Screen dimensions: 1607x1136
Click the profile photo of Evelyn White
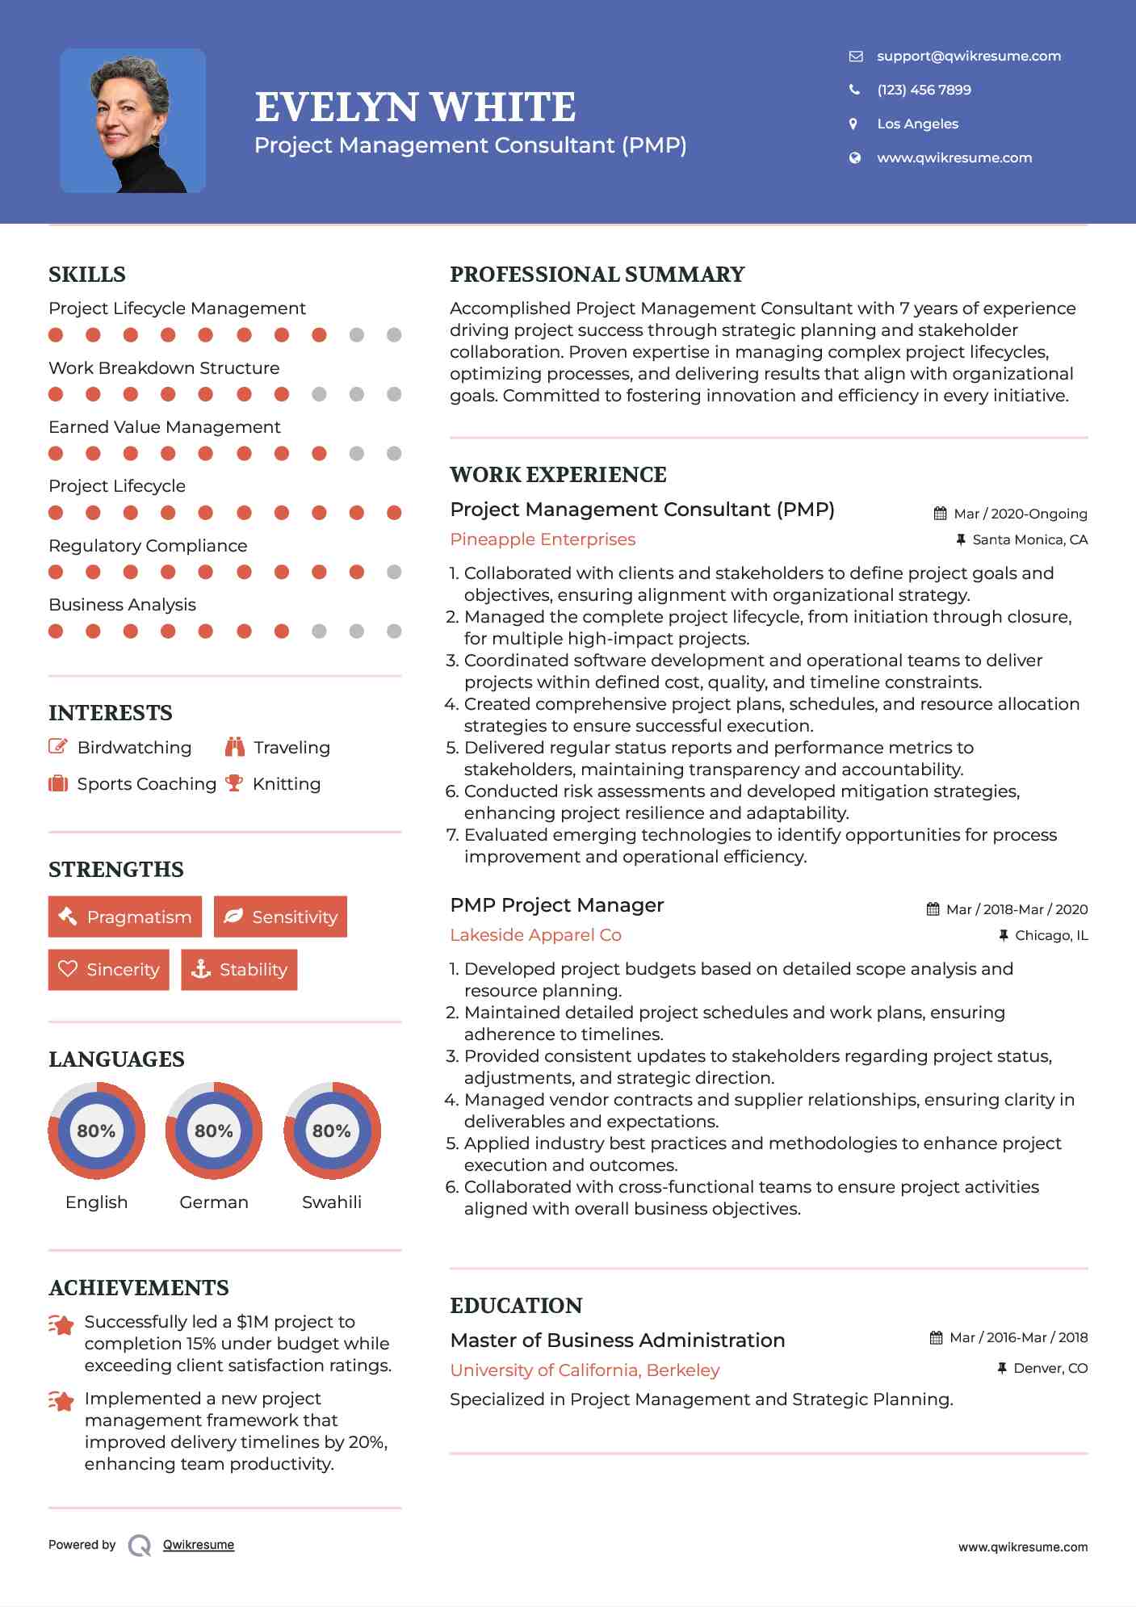point(132,120)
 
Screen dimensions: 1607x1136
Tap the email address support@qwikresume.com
point(968,56)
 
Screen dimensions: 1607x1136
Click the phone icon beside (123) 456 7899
point(854,90)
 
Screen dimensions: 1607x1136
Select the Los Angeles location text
point(917,124)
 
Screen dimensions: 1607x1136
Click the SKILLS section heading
point(87,275)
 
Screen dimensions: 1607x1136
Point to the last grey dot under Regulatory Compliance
point(394,572)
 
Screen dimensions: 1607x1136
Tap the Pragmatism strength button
point(125,917)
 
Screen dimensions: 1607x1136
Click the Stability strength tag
point(239,969)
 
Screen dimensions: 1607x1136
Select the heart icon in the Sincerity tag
point(68,969)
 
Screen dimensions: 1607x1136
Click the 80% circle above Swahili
point(332,1131)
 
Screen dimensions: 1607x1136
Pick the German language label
point(214,1202)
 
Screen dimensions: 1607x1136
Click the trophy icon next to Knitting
point(234,783)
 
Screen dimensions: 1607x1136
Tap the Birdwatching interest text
point(134,748)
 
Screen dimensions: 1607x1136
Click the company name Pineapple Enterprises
point(543,539)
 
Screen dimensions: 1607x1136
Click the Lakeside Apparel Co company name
point(535,935)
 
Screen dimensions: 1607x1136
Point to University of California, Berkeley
point(585,1370)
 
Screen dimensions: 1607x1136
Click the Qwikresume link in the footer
point(199,1545)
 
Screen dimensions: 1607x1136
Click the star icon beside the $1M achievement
point(61,1324)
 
